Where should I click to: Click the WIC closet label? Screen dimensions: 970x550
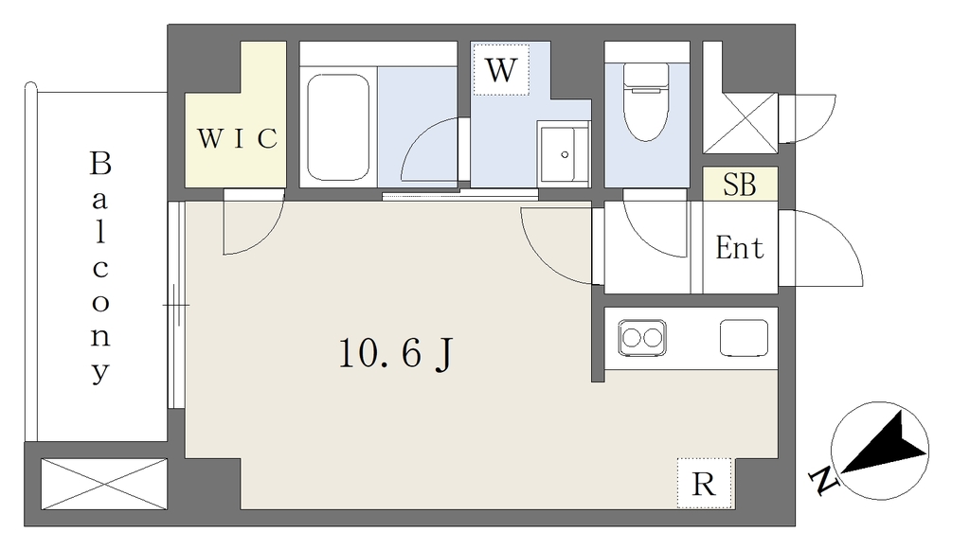point(237,138)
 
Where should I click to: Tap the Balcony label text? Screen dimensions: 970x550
point(100,268)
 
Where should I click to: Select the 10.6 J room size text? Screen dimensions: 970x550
point(396,354)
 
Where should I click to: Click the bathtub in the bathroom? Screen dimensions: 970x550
point(338,127)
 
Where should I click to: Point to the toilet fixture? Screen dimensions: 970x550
point(646,102)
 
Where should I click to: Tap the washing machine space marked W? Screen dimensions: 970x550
point(500,69)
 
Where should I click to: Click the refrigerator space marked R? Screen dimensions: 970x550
point(704,483)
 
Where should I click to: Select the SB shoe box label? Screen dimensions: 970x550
point(740,185)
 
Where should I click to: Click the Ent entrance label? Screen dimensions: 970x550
point(739,248)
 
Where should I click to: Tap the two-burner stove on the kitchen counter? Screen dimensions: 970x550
point(642,337)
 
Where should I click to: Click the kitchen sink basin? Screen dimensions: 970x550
point(744,337)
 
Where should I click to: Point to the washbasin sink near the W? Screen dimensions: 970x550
point(563,154)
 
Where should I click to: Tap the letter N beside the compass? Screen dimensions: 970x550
point(823,481)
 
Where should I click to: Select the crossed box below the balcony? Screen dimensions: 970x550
point(104,484)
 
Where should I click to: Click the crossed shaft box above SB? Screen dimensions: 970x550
point(741,123)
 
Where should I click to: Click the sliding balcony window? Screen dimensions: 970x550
point(176,305)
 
